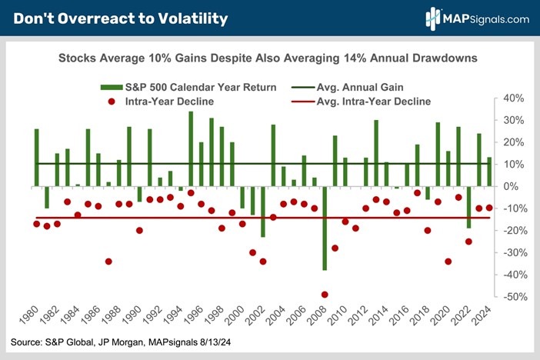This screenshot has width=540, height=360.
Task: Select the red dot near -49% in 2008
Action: point(325,295)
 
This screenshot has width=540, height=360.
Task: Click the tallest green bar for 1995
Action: point(191,148)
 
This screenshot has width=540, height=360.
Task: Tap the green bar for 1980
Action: point(36,158)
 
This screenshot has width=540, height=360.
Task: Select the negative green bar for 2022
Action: point(468,207)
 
